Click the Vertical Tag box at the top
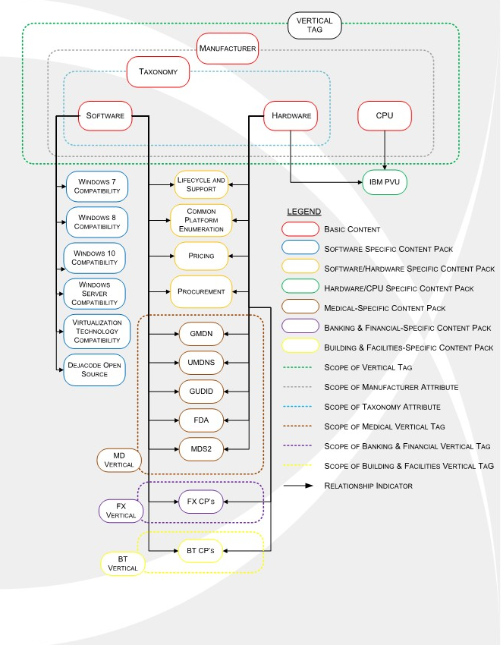click(314, 25)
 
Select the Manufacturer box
click(227, 49)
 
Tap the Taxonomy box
click(158, 72)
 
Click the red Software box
click(105, 115)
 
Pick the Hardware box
click(291, 115)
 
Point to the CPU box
click(385, 115)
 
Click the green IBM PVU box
click(385, 182)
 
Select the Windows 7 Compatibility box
click(97, 187)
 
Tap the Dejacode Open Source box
click(95, 370)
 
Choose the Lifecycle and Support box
click(201, 184)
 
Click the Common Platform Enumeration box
click(201, 220)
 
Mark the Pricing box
click(201, 256)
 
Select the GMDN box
click(201, 333)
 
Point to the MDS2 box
click(201, 449)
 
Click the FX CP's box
click(201, 501)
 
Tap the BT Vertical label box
click(123, 563)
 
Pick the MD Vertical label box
click(120, 460)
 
